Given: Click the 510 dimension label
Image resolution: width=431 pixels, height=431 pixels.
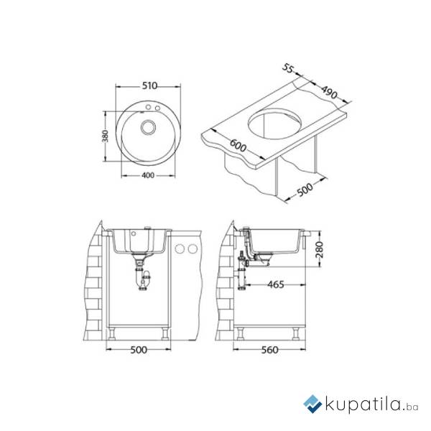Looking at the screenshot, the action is click(x=149, y=86).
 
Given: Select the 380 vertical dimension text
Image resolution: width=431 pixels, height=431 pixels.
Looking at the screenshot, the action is click(x=106, y=136).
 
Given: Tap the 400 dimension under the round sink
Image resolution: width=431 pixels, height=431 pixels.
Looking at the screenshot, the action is click(x=149, y=175).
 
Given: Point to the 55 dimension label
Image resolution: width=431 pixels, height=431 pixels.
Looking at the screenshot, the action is click(x=288, y=68).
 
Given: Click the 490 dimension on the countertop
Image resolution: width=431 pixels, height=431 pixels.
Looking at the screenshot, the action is click(x=329, y=93).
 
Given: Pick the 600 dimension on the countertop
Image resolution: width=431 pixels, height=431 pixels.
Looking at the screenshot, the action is click(x=238, y=146).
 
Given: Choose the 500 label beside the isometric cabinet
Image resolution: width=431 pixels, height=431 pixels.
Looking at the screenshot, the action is click(x=305, y=190).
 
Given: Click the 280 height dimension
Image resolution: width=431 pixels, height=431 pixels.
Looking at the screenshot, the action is click(x=319, y=249).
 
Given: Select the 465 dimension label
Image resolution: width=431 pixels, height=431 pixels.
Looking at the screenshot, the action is click(x=276, y=284).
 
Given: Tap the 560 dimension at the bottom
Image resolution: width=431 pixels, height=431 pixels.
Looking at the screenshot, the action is click(x=270, y=350).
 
